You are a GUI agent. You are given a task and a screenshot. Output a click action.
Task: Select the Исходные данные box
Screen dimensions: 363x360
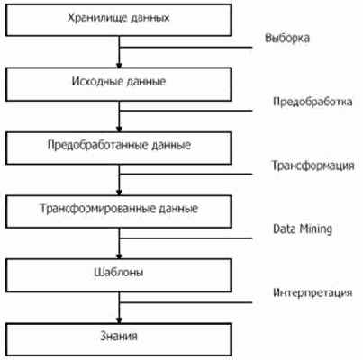(x=119, y=85)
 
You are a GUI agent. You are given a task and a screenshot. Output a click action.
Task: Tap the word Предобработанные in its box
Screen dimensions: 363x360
(x=97, y=146)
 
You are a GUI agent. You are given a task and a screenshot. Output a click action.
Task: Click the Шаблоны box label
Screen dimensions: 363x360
(x=119, y=273)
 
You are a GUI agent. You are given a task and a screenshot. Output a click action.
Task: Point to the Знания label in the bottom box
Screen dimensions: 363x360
(x=119, y=336)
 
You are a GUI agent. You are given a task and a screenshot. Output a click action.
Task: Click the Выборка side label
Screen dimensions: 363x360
(x=287, y=39)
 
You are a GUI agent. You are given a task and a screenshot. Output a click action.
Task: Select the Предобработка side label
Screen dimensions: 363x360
(x=313, y=102)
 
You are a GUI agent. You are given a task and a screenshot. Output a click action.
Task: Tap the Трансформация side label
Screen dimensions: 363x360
(x=313, y=166)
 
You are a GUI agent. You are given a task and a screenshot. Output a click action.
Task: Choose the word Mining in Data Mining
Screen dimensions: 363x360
(x=315, y=229)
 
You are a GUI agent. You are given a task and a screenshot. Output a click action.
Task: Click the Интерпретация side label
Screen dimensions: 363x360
(x=313, y=292)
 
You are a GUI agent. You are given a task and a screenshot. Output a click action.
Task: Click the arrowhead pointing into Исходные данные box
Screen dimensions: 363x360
(x=119, y=66)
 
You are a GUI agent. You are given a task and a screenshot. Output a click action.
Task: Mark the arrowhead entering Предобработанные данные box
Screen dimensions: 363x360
(x=119, y=130)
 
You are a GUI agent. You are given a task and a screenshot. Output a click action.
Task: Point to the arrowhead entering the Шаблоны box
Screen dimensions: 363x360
(x=119, y=256)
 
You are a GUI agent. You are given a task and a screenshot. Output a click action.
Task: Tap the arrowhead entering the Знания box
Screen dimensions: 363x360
(x=119, y=320)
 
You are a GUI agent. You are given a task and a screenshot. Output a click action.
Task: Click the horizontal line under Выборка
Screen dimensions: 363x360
(x=186, y=48)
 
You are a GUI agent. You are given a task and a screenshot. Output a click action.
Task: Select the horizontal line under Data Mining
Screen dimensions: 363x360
(x=186, y=238)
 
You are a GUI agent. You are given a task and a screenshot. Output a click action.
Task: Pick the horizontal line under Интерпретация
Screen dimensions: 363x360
(x=186, y=302)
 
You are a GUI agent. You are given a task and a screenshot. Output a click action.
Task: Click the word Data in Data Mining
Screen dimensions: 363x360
(x=284, y=229)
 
